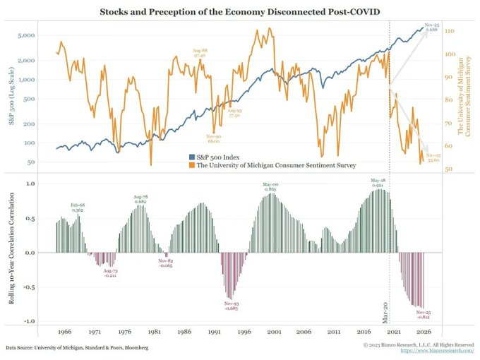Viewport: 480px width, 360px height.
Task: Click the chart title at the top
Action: (x=240, y=12)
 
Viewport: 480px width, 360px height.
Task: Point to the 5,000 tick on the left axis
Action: (x=26, y=35)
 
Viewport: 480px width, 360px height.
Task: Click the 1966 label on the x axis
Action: (x=64, y=330)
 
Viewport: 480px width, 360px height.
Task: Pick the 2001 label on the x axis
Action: (x=275, y=330)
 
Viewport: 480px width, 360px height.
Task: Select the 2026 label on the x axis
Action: (x=424, y=330)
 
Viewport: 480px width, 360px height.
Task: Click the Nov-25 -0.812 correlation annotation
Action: (x=424, y=314)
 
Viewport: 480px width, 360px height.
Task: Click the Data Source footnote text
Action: (x=78, y=348)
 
